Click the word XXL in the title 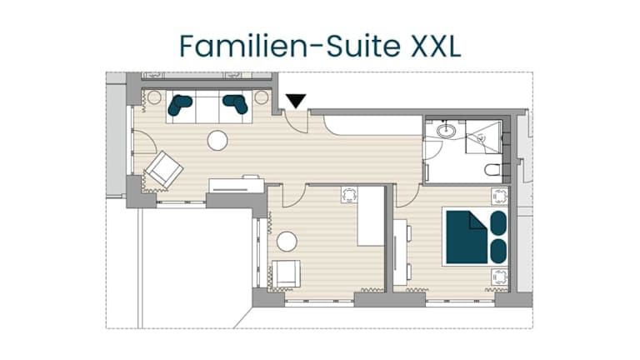[435, 47]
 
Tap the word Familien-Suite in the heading [290, 46]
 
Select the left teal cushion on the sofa [179, 105]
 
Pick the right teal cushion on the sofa [236, 104]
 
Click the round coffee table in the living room [217, 140]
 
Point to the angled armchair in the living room [164, 169]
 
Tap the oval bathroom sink [446, 131]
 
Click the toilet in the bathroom [492, 169]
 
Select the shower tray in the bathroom [483, 137]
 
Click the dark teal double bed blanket [467, 237]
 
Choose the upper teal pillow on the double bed [498, 223]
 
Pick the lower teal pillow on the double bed [498, 251]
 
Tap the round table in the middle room [287, 241]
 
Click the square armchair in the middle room [286, 274]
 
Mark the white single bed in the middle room [371, 216]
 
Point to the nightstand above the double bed [500, 197]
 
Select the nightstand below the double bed [500, 277]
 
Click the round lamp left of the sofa [154, 97]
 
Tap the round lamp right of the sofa [262, 97]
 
